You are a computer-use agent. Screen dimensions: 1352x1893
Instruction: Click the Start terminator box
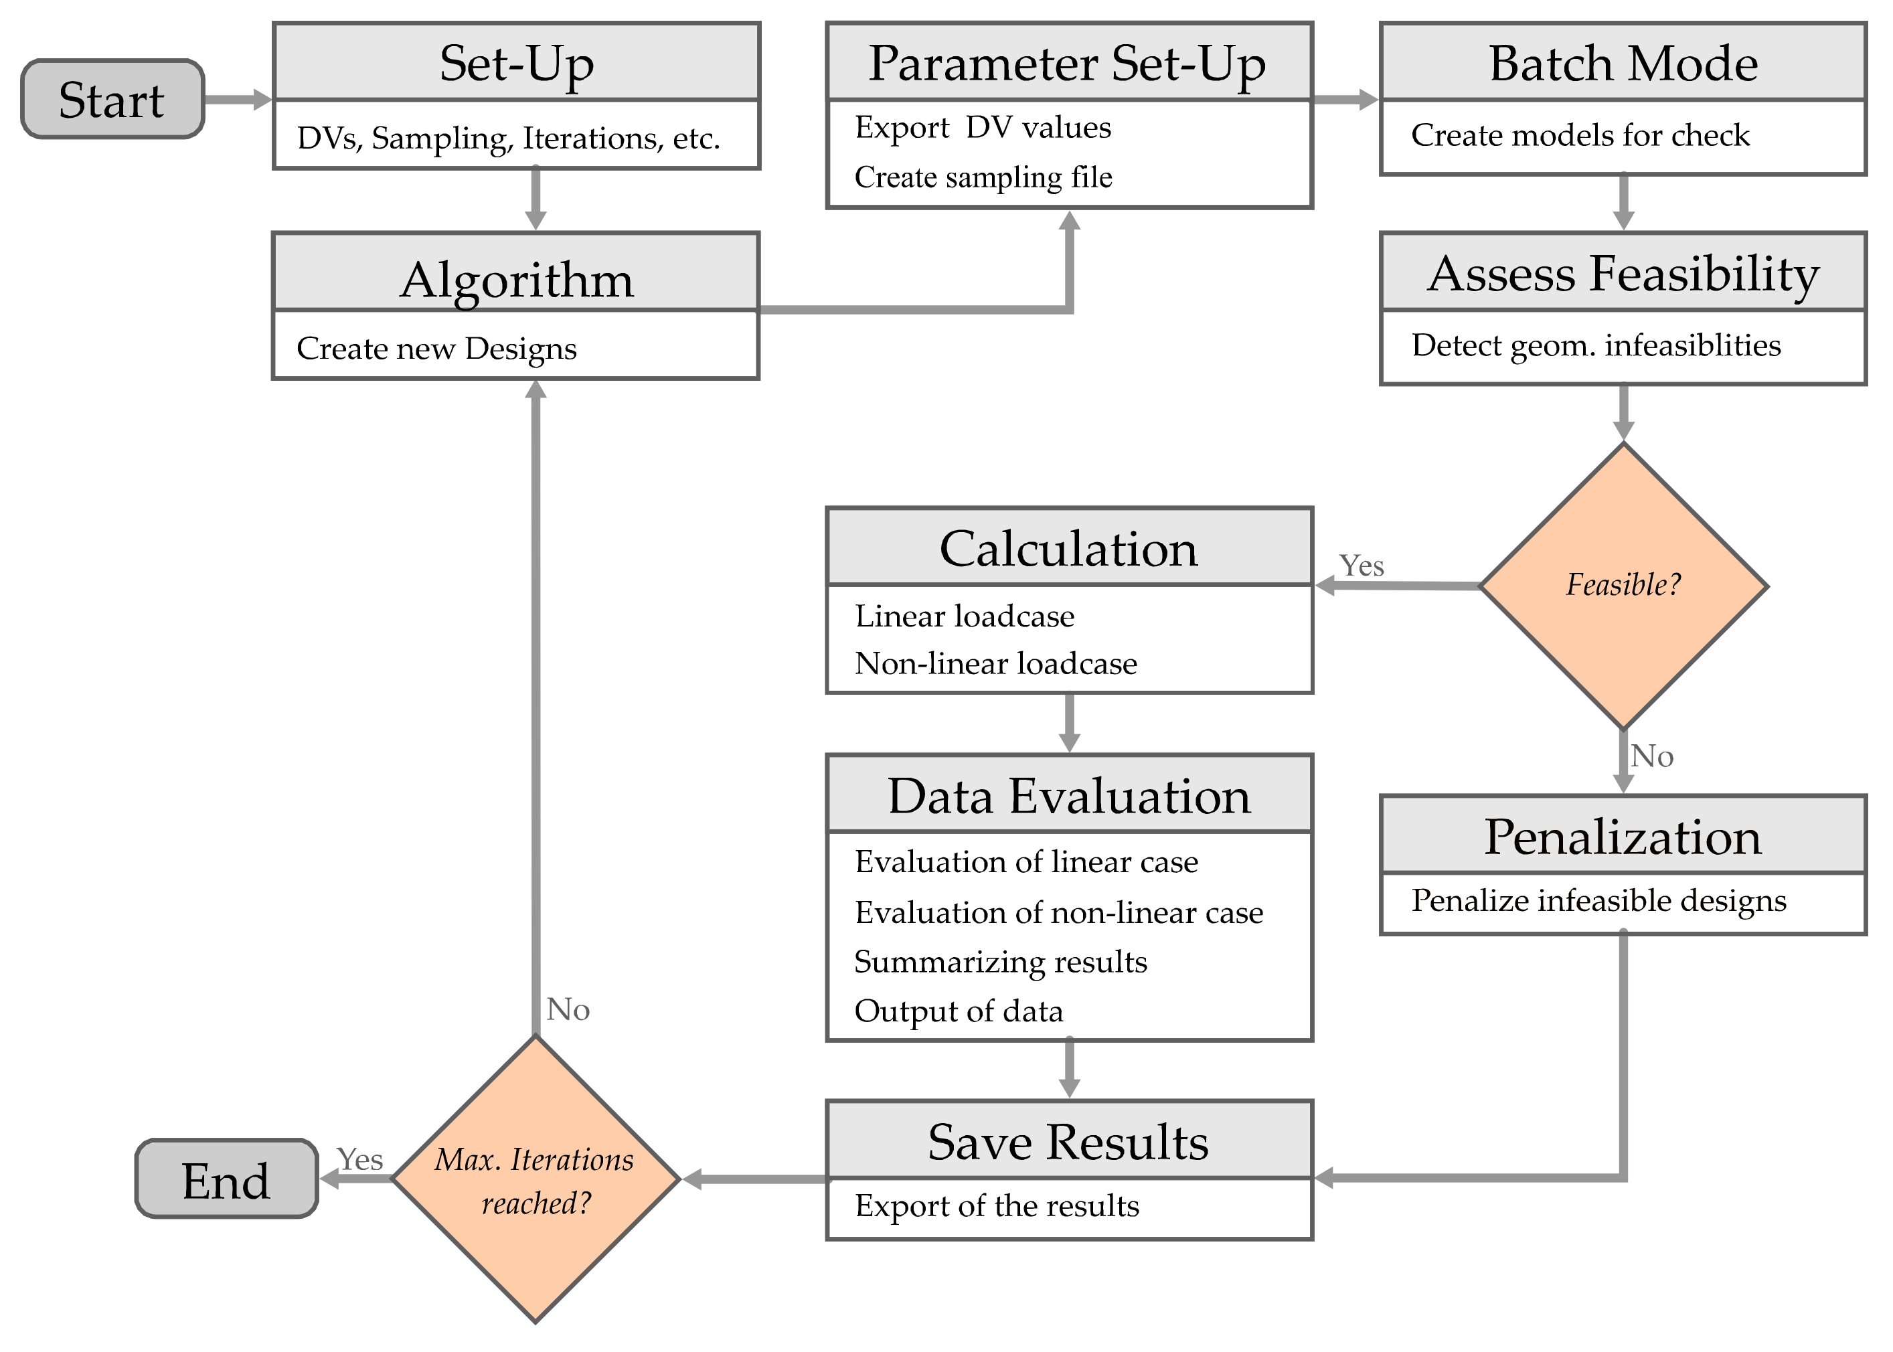pyautogui.click(x=112, y=99)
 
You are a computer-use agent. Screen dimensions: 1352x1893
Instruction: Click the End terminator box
pyautogui.click(x=226, y=1179)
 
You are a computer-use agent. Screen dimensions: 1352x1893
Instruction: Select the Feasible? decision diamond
pyautogui.click(x=1623, y=585)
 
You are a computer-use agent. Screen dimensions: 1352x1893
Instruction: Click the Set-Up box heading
pyautogui.click(x=516, y=64)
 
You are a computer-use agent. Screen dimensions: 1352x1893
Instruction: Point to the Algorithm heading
pyautogui.click(x=516, y=279)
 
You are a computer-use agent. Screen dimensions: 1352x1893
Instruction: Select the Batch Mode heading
pyautogui.click(x=1623, y=64)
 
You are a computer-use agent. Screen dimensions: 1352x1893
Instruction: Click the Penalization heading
pyautogui.click(x=1623, y=836)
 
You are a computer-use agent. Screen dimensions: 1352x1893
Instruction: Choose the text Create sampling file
pyautogui.click(x=983, y=177)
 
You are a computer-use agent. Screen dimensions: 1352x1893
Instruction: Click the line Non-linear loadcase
pyautogui.click(x=995, y=663)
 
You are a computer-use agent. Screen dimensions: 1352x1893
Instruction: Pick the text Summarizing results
pyautogui.click(x=1001, y=962)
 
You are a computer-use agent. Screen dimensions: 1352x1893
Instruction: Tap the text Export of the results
pyautogui.click(x=997, y=1205)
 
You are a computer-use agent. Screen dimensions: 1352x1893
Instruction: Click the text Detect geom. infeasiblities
pyautogui.click(x=1596, y=345)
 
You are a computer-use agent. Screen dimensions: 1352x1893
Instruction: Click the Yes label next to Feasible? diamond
pyautogui.click(x=1361, y=566)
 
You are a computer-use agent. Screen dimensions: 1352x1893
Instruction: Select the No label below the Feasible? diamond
pyautogui.click(x=1651, y=756)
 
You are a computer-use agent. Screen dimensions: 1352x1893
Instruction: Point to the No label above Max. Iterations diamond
pyautogui.click(x=568, y=1010)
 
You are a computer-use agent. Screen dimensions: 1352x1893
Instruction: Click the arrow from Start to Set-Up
pyautogui.click(x=237, y=99)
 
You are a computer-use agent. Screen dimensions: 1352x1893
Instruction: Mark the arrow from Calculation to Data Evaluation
pyautogui.click(x=1069, y=723)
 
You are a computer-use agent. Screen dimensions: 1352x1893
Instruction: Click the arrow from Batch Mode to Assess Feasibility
pyautogui.click(x=1623, y=202)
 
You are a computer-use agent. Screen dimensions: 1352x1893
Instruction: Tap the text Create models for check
pyautogui.click(x=1580, y=135)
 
